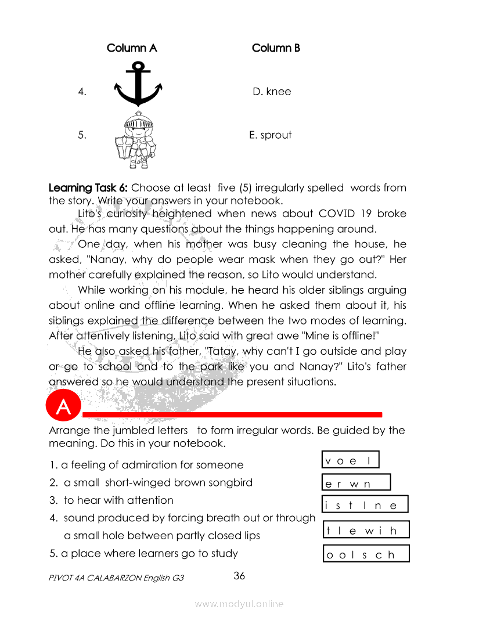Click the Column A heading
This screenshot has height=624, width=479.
[x=132, y=48]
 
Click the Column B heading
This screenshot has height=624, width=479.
[x=276, y=48]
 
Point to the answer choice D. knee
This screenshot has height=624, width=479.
[x=272, y=92]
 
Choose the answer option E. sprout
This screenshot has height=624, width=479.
[x=270, y=135]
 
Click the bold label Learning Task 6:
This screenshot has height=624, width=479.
[x=88, y=188]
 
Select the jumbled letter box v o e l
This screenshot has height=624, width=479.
[x=350, y=460]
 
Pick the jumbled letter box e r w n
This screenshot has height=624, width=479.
[x=356, y=483]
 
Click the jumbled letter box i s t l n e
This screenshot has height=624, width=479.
[x=365, y=504]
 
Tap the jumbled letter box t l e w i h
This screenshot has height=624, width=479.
[x=366, y=530]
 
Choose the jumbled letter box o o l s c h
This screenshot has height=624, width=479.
[x=366, y=554]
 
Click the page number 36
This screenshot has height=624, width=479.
[x=239, y=576]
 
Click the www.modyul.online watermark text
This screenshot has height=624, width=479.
[x=239, y=604]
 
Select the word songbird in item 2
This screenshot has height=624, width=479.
[x=231, y=482]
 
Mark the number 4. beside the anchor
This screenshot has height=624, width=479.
[x=82, y=92]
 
